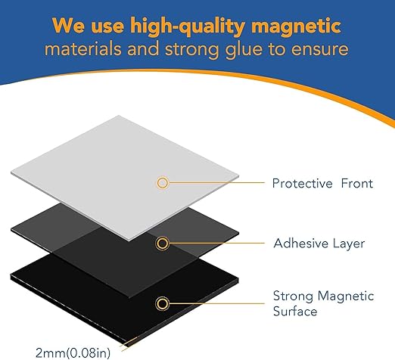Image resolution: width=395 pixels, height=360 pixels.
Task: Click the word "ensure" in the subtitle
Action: click(321, 50)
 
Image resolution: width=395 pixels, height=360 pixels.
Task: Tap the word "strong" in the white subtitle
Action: click(201, 50)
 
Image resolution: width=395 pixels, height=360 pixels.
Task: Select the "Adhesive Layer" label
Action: click(308, 244)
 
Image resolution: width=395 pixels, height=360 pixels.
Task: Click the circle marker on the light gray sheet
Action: click(162, 183)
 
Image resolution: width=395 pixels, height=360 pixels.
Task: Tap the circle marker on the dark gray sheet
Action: click(162, 244)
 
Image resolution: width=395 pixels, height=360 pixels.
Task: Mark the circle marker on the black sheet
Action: click(162, 304)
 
